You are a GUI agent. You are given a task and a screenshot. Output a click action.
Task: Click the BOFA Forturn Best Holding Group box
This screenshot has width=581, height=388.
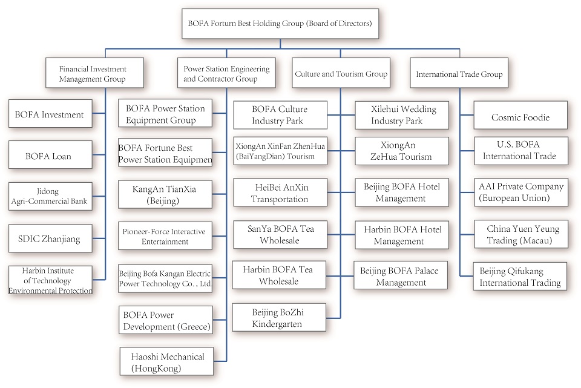(280, 24)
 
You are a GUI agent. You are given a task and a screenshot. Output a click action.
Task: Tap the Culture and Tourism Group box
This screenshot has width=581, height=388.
(341, 74)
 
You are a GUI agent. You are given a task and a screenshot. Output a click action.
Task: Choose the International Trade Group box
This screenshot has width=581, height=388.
(459, 74)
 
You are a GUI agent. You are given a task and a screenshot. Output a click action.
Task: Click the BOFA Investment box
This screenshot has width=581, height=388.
(50, 114)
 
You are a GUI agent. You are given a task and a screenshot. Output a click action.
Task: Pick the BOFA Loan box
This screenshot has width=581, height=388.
(50, 156)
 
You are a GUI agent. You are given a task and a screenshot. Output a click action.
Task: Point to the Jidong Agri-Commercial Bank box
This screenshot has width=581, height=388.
(50, 196)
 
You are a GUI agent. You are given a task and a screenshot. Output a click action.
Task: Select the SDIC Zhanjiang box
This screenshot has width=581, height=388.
(50, 238)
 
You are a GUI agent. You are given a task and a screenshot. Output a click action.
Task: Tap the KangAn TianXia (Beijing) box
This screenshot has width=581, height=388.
(165, 194)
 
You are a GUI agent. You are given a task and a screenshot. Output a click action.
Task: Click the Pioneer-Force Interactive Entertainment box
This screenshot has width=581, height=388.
(165, 236)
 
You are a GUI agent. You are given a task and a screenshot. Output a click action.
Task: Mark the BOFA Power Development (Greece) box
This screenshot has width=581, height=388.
(165, 320)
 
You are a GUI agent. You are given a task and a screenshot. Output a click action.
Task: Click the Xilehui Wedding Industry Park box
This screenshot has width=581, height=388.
(402, 115)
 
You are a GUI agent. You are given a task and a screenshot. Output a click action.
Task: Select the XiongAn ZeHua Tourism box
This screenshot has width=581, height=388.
(402, 151)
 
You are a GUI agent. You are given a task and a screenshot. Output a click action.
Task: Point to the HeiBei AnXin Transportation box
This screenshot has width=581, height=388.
(279, 193)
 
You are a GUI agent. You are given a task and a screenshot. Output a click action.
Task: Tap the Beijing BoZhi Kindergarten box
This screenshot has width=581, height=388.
(279, 318)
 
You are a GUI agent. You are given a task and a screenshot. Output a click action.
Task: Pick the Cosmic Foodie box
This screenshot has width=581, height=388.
(520, 117)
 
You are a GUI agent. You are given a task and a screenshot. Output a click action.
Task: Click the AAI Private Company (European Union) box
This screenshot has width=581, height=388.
(520, 192)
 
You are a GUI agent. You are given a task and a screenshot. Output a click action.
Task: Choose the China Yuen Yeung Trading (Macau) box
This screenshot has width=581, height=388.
(520, 235)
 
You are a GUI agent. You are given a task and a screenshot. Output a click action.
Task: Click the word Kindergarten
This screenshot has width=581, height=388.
(279, 324)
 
